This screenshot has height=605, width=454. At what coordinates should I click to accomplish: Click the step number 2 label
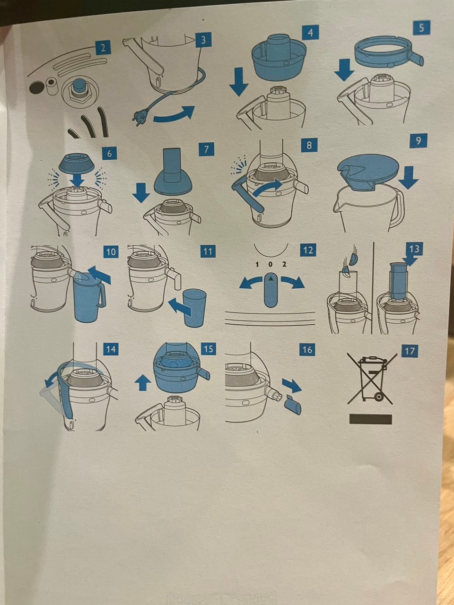[x=103, y=48]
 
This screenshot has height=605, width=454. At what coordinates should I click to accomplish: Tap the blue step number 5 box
[x=421, y=27]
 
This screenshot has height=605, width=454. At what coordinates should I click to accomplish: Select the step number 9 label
[x=418, y=140]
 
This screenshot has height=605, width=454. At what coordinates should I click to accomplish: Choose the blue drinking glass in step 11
[x=195, y=308]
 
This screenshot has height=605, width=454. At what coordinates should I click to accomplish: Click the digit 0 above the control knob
[x=271, y=264]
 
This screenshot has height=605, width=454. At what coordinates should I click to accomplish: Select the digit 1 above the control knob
[x=257, y=265]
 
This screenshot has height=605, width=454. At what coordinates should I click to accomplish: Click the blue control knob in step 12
[x=271, y=290]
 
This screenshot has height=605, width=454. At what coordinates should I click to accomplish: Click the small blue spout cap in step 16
[x=292, y=405]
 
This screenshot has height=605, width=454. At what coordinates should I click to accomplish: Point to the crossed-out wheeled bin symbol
[x=371, y=379]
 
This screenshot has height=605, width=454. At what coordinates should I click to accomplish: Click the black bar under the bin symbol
[x=370, y=419]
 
